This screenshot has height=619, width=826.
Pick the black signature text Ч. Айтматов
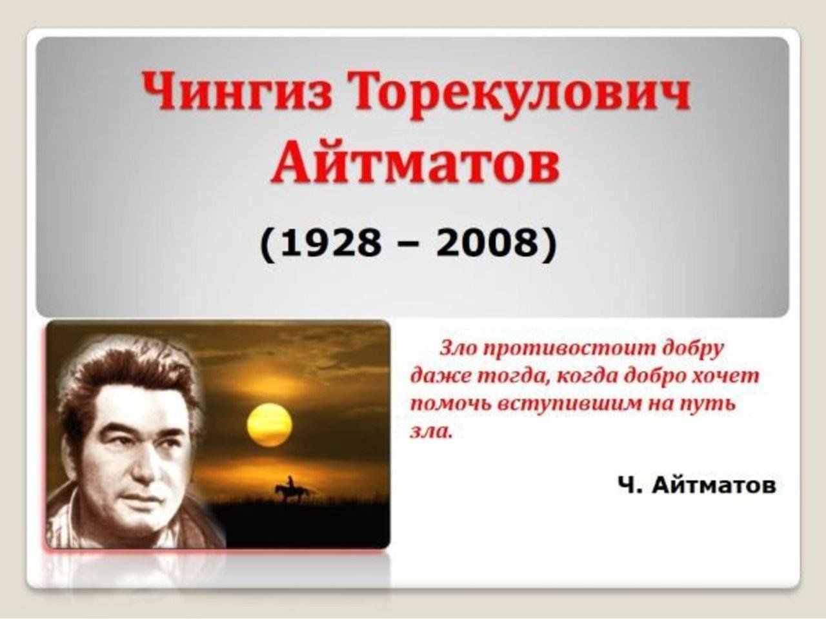pyautogui.click(x=697, y=486)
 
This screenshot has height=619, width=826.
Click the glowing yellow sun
pyautogui.click(x=269, y=424)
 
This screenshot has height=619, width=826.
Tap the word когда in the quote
pyautogui.click(x=587, y=377)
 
